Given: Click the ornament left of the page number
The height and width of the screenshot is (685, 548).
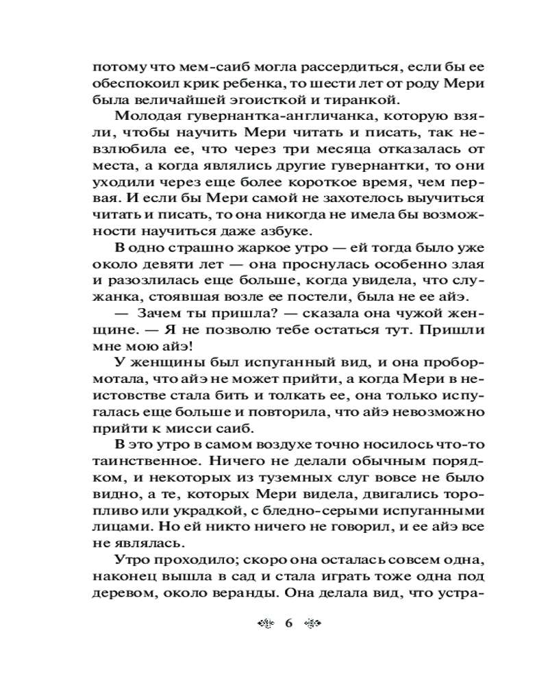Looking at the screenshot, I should point(266,623).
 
